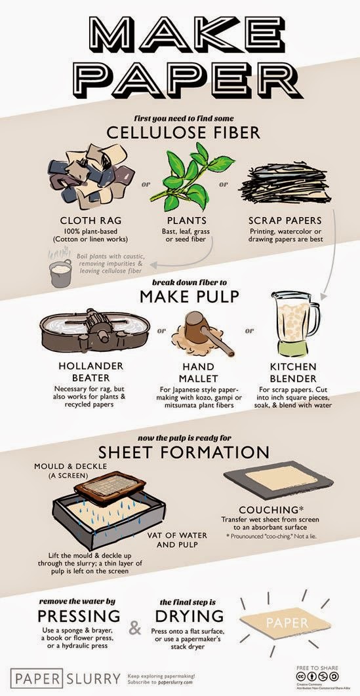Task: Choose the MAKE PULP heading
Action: (x=180, y=297)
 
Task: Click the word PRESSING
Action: (x=79, y=615)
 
